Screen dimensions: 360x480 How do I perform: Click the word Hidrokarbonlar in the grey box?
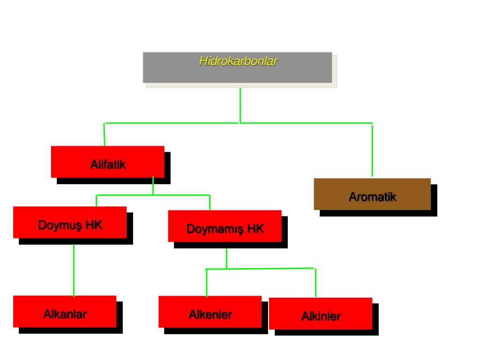coord(238,61)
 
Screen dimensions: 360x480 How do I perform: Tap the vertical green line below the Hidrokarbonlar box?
coord(240,105)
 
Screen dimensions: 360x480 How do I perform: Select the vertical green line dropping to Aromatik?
coord(372,150)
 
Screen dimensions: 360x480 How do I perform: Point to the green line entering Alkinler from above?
coord(315,283)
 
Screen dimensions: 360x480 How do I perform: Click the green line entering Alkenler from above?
coord(207,283)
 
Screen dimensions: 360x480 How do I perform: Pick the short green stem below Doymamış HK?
coord(226,258)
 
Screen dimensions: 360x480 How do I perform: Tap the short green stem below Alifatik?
coord(153,186)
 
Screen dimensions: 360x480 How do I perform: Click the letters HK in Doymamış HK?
coord(256,229)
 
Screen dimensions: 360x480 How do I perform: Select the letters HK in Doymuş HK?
coord(94,225)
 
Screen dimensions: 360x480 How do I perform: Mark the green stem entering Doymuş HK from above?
coord(97,201)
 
